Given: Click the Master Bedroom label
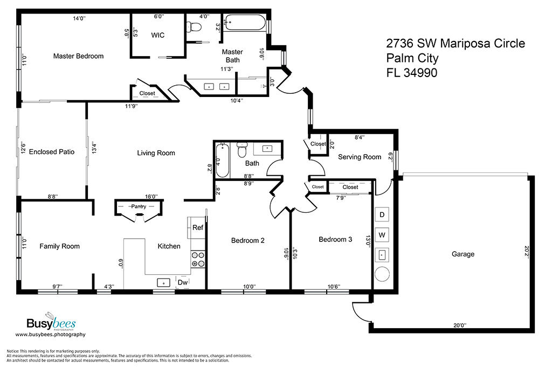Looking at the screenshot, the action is tap(78, 56).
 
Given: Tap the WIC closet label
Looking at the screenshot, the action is tap(158, 35).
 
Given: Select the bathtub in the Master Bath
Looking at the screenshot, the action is tap(245, 22).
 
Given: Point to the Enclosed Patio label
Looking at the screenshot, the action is tap(52, 151).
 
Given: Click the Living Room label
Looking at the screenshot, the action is tap(156, 153).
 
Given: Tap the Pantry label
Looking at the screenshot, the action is tap(139, 206).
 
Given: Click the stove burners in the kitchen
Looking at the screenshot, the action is tap(198, 259).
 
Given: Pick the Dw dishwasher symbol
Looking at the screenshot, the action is tap(183, 282).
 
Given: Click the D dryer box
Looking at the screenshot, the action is tap(382, 214).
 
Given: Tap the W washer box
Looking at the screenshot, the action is tap(382, 235).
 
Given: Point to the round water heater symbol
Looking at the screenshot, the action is tap(382, 274).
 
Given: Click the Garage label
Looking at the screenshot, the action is tap(463, 254).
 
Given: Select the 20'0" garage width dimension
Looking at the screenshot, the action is tap(460, 325).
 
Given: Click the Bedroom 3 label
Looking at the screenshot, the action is tap(335, 240).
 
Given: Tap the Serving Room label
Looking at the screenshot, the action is tap(360, 157).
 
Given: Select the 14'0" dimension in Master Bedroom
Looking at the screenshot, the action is tap(79, 18).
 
